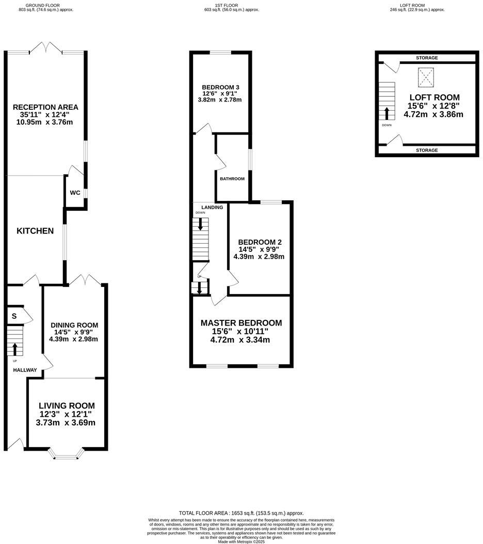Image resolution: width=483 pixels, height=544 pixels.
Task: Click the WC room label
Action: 75,193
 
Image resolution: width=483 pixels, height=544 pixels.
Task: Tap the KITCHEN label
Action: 35,231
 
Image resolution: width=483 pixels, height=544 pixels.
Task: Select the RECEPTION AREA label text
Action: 45,107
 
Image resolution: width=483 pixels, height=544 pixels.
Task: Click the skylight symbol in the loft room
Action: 426,77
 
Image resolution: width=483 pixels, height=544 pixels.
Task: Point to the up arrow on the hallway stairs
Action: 14,350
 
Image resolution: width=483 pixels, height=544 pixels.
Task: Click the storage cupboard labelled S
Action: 14,316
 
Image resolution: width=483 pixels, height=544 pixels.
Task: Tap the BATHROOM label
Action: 232,179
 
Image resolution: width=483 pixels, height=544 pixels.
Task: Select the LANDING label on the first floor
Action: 212,208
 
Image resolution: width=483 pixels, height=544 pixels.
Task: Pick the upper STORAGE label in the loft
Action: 426,58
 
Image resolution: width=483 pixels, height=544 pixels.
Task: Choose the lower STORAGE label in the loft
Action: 426,150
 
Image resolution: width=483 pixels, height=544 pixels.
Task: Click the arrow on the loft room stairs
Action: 387,113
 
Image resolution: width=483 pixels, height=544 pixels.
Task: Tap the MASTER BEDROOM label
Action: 241,323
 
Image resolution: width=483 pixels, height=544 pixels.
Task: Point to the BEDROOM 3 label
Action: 220,87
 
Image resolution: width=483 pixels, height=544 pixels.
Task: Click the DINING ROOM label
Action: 74,325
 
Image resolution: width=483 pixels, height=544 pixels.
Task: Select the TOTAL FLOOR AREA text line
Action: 241,513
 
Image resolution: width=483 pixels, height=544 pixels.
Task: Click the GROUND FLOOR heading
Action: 45,5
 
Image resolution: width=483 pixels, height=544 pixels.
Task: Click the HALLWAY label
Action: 25,370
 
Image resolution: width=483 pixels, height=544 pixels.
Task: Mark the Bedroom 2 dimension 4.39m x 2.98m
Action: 259,256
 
